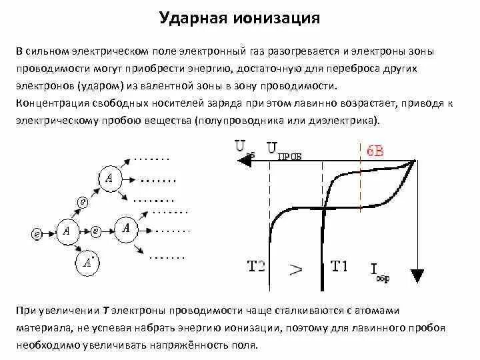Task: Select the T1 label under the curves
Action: pos(339,267)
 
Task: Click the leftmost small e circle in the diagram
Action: pos(37,233)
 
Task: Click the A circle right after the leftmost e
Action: pos(66,231)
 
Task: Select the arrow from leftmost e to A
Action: pos(50,233)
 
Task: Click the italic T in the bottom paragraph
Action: pos(106,312)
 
